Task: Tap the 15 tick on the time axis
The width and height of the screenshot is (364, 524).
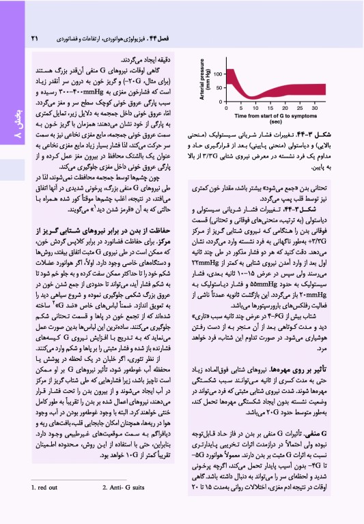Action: [269, 108]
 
